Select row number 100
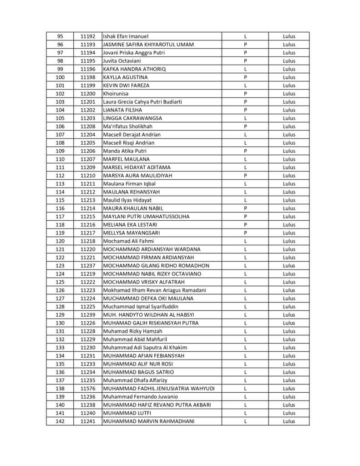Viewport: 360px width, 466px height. pyautogui.click(x=60, y=77)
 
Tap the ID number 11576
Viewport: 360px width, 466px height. pyautogui.click(x=87, y=389)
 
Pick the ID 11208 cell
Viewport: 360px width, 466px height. pyautogui.click(x=87, y=127)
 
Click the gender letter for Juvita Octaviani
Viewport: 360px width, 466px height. pyautogui.click(x=245, y=61)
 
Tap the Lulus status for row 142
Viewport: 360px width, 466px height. pyautogui.click(x=289, y=421)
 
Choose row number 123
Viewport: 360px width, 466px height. pyautogui.click(x=60, y=266)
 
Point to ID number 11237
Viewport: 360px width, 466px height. pyautogui.click(x=87, y=266)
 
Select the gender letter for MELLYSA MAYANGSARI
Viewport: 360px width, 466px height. pyautogui.click(x=245, y=233)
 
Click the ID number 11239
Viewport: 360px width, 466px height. pyautogui.click(x=87, y=315)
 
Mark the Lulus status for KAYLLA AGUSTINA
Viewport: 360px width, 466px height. pyautogui.click(x=289, y=77)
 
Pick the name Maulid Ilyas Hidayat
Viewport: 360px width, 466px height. pyautogui.click(x=127, y=200)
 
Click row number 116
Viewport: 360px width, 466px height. pyautogui.click(x=60, y=208)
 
